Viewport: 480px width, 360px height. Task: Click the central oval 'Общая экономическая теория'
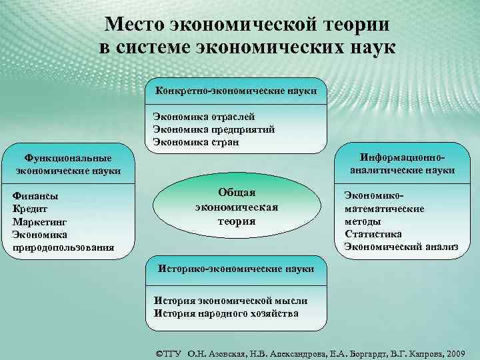click(x=237, y=207)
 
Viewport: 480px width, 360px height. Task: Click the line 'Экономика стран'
click(x=195, y=141)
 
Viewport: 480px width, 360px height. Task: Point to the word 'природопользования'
click(x=63, y=247)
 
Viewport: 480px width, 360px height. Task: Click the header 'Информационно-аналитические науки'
click(x=402, y=164)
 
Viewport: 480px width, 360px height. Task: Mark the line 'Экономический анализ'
click(x=401, y=247)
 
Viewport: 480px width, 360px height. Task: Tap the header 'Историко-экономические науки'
click(x=235, y=269)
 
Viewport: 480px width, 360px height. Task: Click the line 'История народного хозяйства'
click(x=226, y=313)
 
